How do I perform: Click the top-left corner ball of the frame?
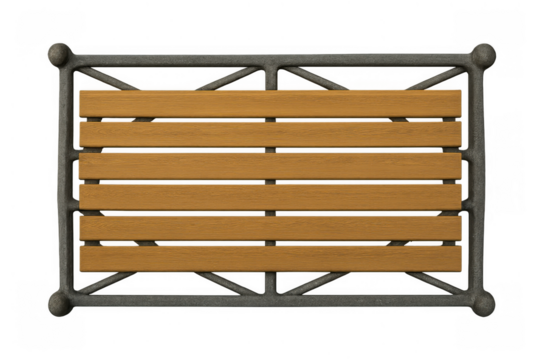click(59, 54)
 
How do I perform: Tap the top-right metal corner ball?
click(483, 54)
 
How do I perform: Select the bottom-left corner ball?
click(59, 304)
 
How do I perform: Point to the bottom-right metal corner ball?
click(484, 304)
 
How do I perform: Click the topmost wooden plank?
click(270, 103)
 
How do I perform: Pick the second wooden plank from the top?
click(270, 134)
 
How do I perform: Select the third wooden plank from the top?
click(270, 165)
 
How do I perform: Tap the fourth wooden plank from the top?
click(270, 196)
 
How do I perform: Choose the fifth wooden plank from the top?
click(270, 227)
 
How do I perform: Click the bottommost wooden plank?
click(270, 258)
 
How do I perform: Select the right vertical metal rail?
click(478, 180)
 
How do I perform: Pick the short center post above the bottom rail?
click(271, 282)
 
